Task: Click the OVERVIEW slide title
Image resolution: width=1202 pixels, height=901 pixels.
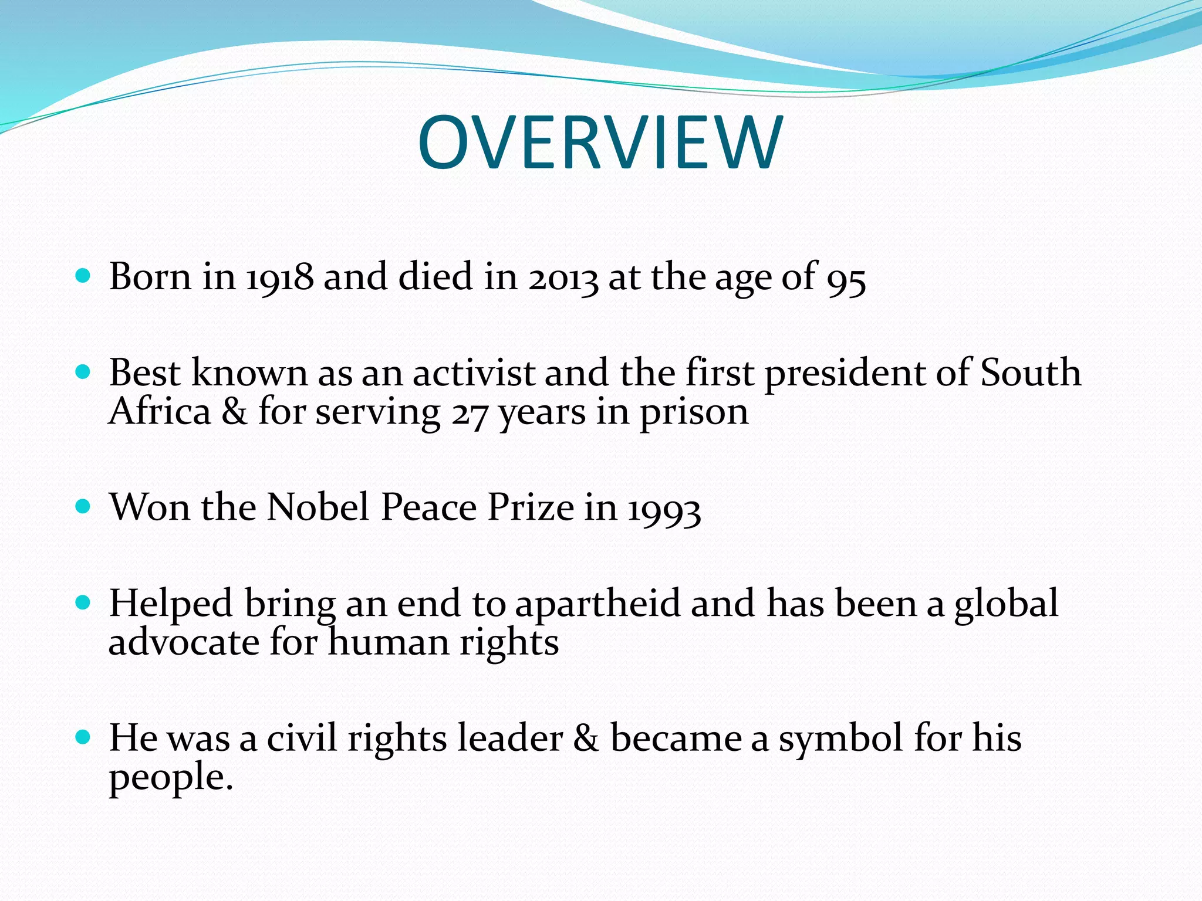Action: pos(600,143)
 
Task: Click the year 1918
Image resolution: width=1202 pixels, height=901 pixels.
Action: pos(279,277)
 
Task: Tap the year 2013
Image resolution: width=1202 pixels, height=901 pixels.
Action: pos(563,277)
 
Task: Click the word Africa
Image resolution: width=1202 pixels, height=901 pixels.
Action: pos(160,412)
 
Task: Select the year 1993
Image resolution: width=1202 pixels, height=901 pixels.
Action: pos(664,509)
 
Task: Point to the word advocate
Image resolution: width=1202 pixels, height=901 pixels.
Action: pos(184,642)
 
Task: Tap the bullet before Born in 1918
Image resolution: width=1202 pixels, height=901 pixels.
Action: pos(83,276)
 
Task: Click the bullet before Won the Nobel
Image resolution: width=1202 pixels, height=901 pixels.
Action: pos(83,506)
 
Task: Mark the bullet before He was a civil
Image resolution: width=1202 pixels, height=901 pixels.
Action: pos(83,737)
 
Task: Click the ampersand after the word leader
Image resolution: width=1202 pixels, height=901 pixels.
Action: pos(586,738)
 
